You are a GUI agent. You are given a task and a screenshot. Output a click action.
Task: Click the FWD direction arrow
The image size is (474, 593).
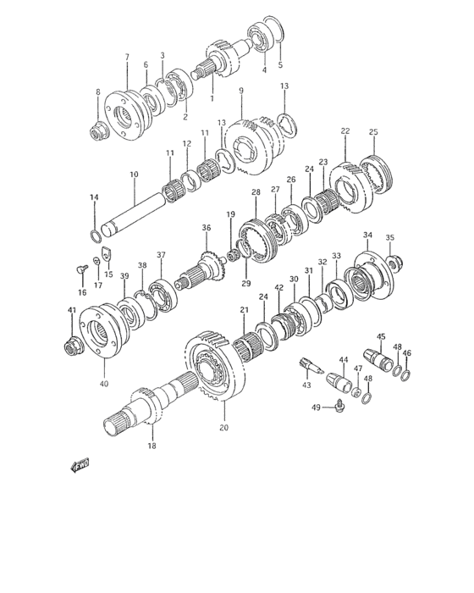click(x=80, y=466)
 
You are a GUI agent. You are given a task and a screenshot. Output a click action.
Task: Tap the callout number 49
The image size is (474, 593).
click(x=316, y=407)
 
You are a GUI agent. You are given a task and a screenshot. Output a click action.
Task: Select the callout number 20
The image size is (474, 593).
click(x=223, y=428)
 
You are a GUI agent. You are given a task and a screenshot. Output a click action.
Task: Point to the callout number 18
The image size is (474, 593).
click(x=152, y=446)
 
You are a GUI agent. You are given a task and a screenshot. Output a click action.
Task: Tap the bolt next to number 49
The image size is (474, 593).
click(x=339, y=405)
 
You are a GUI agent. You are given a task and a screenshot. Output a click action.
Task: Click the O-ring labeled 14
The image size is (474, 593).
click(x=96, y=236)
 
